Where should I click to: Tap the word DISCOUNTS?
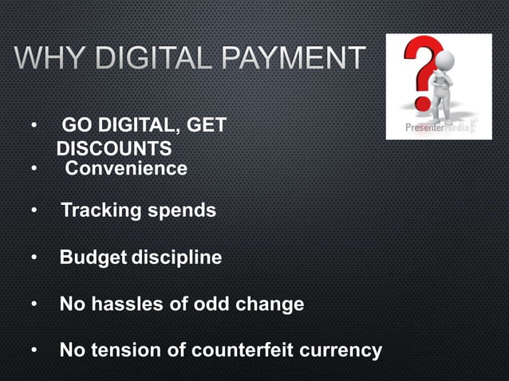[x=114, y=149]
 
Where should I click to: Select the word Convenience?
[x=126, y=169]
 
